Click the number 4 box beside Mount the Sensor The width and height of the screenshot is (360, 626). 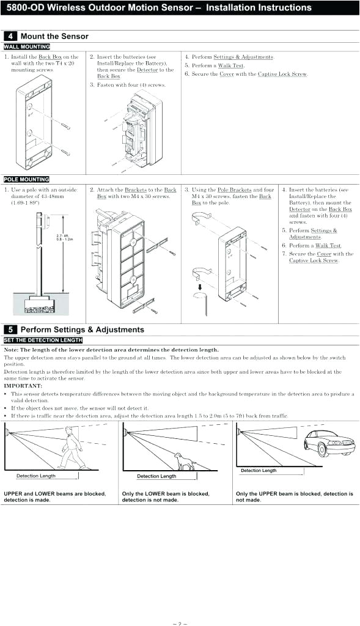coord(10,37)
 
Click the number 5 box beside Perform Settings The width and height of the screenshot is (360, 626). coord(10,330)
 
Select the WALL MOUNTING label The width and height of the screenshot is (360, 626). coord(27,46)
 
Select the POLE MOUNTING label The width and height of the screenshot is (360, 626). coord(27,180)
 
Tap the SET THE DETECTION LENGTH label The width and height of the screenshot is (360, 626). coord(43,340)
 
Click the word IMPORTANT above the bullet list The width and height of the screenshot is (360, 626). coord(23,386)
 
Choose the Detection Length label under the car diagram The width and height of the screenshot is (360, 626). coord(258,471)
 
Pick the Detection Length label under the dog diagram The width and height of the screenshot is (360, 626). coord(156,476)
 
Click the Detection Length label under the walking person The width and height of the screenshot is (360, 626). coord(35,476)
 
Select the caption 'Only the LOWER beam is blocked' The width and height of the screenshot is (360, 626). coord(165,493)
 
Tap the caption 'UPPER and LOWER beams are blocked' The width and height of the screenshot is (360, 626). coord(54,493)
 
